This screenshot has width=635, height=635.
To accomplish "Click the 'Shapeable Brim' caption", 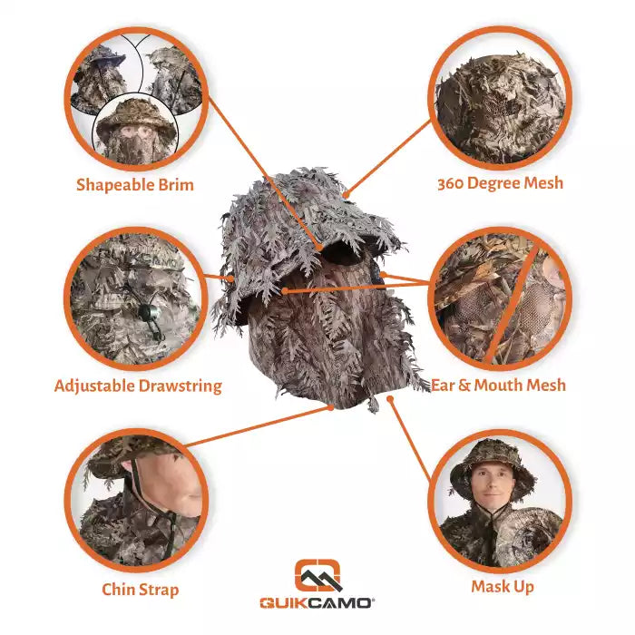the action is point(135,185).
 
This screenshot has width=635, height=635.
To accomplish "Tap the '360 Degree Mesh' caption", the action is point(500,183).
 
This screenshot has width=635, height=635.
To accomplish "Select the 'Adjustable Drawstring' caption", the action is point(138,386).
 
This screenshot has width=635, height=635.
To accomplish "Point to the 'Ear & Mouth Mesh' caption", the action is point(498,385).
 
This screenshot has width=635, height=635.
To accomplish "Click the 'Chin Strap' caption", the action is point(140,590).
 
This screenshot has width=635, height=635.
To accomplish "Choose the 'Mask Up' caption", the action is point(503,586).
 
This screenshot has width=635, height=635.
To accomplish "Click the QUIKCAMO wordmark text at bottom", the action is point(317,603).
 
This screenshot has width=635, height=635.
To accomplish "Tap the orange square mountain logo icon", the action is point(317,575).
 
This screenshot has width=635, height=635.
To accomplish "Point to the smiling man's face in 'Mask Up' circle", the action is point(492,483).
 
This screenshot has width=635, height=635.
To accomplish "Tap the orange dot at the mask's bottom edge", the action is point(331,407).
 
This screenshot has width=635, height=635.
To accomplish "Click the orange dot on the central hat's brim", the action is point(319,248).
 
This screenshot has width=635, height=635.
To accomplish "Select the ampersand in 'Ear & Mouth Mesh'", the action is point(464,386).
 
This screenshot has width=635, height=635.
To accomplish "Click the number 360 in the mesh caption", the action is point(451,184).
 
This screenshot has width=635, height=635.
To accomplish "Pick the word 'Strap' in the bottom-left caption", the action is point(159,591).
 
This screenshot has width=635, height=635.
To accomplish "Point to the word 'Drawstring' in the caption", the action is point(181,386).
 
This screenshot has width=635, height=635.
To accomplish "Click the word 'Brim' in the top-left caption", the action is point(176,184).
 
